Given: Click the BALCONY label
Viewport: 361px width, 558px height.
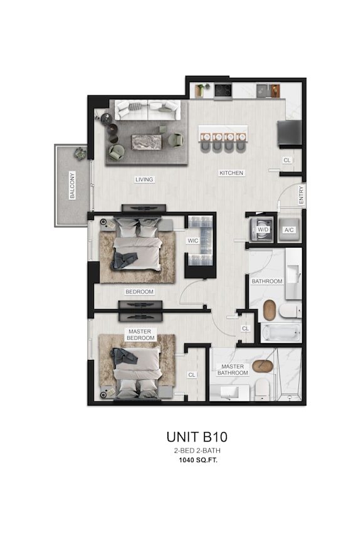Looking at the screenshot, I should point(73,185).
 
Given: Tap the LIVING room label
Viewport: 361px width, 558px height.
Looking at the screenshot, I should point(144,179).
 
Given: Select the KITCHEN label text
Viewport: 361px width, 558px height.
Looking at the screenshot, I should point(231,172).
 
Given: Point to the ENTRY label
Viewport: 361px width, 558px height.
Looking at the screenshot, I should point(301,195).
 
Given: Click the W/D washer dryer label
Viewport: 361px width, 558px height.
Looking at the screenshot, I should point(263,229).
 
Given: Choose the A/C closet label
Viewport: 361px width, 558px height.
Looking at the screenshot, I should point(290,229).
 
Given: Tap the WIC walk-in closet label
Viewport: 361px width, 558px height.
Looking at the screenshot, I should point(193,240).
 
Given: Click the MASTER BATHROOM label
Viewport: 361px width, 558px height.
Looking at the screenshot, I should point(233,369).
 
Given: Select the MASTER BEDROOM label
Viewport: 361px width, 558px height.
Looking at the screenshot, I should point(140,335).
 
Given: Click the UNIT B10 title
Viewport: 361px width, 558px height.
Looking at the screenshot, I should point(197,436).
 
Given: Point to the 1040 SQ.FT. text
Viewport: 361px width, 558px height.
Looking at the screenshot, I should point(197,460).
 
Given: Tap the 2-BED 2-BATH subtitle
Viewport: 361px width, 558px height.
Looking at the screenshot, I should point(197,451).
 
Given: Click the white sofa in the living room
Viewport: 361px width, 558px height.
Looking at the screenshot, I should point(147,111).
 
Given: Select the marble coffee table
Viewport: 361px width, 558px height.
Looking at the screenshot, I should point(147,142).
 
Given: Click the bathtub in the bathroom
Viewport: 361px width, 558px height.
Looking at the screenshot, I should point(281,333).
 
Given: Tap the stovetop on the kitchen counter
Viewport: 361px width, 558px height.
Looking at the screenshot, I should point(224,90).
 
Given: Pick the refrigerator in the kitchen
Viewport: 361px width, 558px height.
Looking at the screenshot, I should point(289,132).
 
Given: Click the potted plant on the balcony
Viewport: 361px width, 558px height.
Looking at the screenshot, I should point(80,152).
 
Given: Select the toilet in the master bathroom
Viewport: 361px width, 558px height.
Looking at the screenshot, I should point(262,388).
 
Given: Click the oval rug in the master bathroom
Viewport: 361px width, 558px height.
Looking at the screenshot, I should point(263,366).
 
